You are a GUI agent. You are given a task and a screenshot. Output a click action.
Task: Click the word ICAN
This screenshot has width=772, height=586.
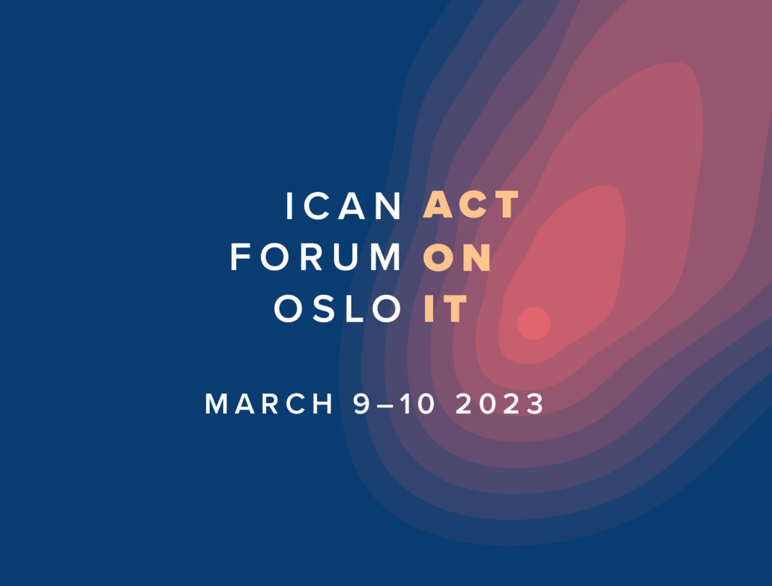(344, 206)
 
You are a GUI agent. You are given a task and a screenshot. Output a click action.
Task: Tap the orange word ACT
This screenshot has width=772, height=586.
(471, 205)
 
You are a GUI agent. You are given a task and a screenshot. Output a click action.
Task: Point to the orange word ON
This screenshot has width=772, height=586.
(457, 257)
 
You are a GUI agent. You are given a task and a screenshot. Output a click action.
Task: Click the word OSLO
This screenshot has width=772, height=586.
(338, 309)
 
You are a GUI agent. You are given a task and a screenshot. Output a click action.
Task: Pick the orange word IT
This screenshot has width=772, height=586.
(445, 309)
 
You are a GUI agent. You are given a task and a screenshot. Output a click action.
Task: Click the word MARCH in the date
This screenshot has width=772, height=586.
(269, 404)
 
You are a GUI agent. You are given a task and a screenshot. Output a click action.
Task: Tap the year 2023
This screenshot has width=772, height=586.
(500, 404)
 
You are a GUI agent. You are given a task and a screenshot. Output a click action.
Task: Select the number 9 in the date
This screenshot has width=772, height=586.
(362, 404)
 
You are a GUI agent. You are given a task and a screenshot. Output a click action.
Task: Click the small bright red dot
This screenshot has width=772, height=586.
(534, 323)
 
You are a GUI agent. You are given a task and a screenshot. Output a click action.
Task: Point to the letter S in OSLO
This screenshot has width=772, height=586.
(325, 309)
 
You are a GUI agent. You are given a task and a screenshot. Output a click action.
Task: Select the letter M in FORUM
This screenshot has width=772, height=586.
(386, 257)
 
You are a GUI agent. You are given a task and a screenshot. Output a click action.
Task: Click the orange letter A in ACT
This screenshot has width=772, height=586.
(438, 205)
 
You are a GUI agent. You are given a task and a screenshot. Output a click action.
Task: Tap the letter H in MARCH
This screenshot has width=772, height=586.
(323, 404)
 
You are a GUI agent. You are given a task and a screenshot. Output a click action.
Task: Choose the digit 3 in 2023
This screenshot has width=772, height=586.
(535, 404)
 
